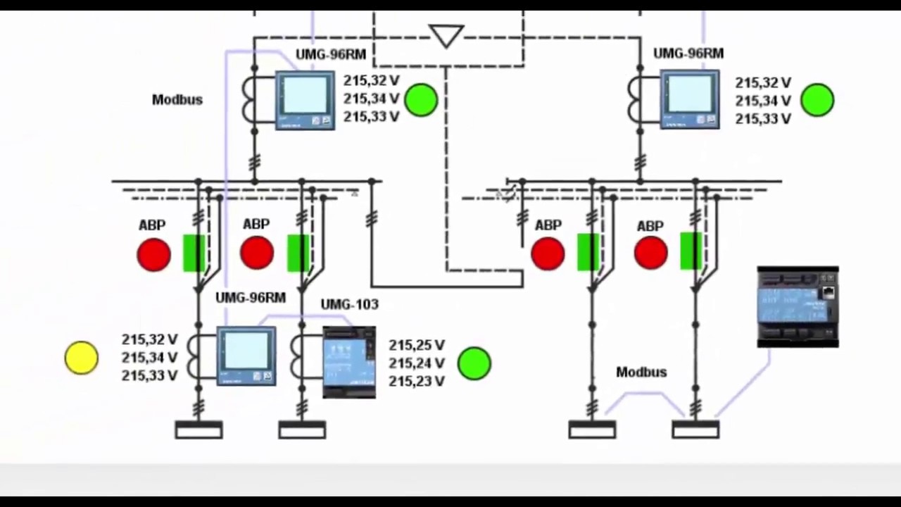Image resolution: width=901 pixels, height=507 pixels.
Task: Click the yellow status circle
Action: [x=81, y=358]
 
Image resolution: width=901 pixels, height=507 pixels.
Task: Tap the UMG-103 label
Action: [x=350, y=305]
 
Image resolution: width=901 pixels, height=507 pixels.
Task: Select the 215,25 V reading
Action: [x=416, y=345]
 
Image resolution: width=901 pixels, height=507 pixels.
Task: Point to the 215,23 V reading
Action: [x=416, y=381]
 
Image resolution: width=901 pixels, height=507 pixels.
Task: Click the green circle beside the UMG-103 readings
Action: [x=474, y=363]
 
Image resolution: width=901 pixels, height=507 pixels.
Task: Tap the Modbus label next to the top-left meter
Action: [x=177, y=100]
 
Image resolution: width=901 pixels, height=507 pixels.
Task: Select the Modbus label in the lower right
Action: [x=641, y=373]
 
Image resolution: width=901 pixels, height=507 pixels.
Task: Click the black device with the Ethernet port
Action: [x=798, y=306]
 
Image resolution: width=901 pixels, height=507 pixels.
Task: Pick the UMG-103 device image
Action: [x=349, y=362]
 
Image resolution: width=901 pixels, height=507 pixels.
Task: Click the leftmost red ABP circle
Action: [x=153, y=254]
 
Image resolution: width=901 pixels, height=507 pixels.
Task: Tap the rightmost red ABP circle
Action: [x=651, y=253]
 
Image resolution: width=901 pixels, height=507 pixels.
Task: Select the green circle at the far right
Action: [x=817, y=100]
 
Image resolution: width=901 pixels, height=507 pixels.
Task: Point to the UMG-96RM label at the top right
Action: [x=688, y=54]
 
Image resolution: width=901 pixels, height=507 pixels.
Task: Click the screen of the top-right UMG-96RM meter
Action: [x=690, y=94]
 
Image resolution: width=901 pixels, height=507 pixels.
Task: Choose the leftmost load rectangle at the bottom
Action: [x=199, y=430]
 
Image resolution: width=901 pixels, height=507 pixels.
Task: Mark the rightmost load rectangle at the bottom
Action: [x=696, y=430]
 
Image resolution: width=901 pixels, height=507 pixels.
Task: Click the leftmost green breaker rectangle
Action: [x=194, y=253]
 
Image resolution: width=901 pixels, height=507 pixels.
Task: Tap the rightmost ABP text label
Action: [x=650, y=227]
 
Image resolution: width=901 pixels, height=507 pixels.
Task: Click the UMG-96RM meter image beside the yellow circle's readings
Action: [x=246, y=356]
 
